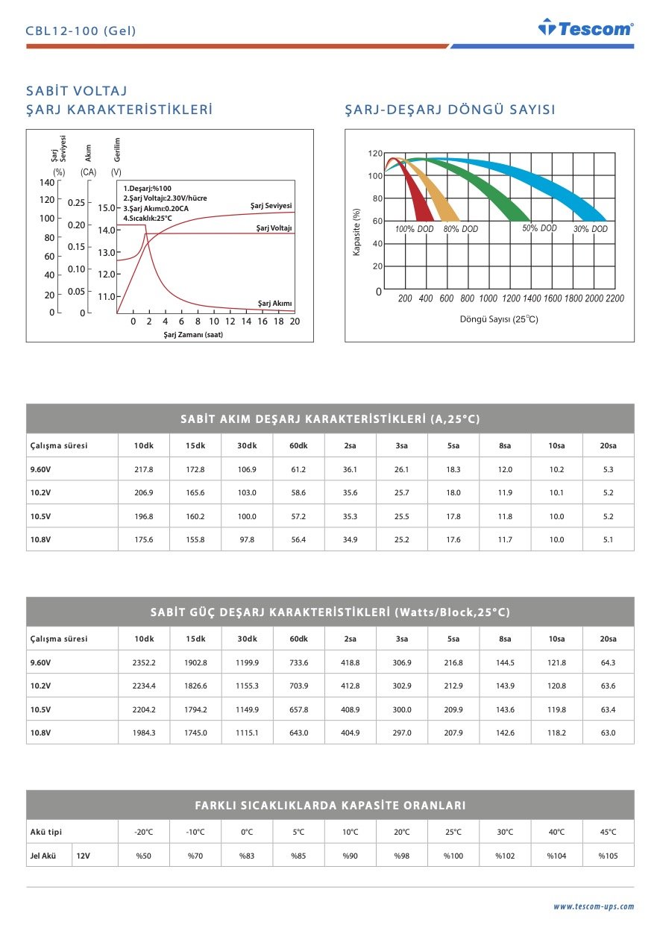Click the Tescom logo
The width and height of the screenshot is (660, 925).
coord(585,28)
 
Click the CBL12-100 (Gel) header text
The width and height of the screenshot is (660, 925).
coord(81,31)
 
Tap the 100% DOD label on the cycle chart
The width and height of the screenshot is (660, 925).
coord(414,229)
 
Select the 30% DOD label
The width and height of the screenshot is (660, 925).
coord(590,229)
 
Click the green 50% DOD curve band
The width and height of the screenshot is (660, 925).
coord(485,186)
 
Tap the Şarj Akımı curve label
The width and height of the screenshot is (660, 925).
coord(274,303)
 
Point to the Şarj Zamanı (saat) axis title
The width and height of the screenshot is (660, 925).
coord(193,335)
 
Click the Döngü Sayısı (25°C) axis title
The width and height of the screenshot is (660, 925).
coord(499,319)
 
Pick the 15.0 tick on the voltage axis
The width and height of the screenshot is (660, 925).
coord(107,208)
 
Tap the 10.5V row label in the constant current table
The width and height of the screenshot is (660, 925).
coord(40,516)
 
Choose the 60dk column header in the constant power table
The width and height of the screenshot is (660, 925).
coord(298,639)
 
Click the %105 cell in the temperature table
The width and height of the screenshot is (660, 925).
coord(608,856)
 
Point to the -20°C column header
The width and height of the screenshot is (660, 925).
coord(143,832)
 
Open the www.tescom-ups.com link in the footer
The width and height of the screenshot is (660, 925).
coord(593,906)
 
